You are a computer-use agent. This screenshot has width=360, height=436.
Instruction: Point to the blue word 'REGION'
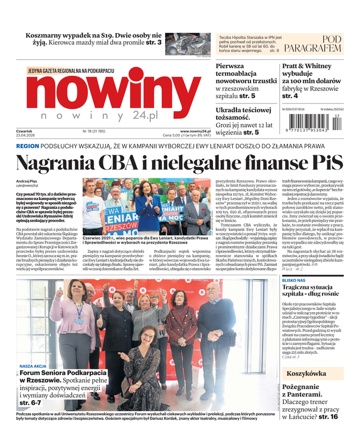point(27,147)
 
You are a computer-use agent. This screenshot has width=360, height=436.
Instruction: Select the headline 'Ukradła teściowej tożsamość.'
point(243,114)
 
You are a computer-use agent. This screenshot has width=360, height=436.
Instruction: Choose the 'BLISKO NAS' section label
point(294,280)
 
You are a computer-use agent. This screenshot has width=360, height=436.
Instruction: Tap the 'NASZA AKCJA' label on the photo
point(32,366)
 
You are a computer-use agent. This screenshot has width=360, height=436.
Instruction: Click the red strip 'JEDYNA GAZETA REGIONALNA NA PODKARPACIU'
point(70,71)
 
